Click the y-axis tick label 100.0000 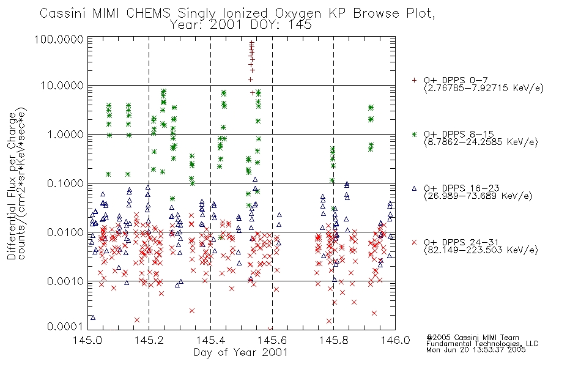[x=59, y=39]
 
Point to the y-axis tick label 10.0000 [x=62, y=86]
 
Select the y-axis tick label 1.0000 [x=65, y=134]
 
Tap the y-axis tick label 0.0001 [x=65, y=326]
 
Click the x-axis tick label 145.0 [x=87, y=340]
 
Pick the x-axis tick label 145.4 [x=210, y=340]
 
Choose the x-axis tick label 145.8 [x=333, y=340]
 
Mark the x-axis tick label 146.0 [x=395, y=340]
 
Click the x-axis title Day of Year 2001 [x=240, y=352]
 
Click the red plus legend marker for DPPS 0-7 [x=414, y=80]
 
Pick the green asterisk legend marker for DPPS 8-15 [x=414, y=134]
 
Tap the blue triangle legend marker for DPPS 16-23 [x=414, y=188]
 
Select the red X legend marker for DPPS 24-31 [x=414, y=242]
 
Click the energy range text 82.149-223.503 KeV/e [x=481, y=250]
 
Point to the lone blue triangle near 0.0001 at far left [x=93, y=317]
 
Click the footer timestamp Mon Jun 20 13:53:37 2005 [x=476, y=350]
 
